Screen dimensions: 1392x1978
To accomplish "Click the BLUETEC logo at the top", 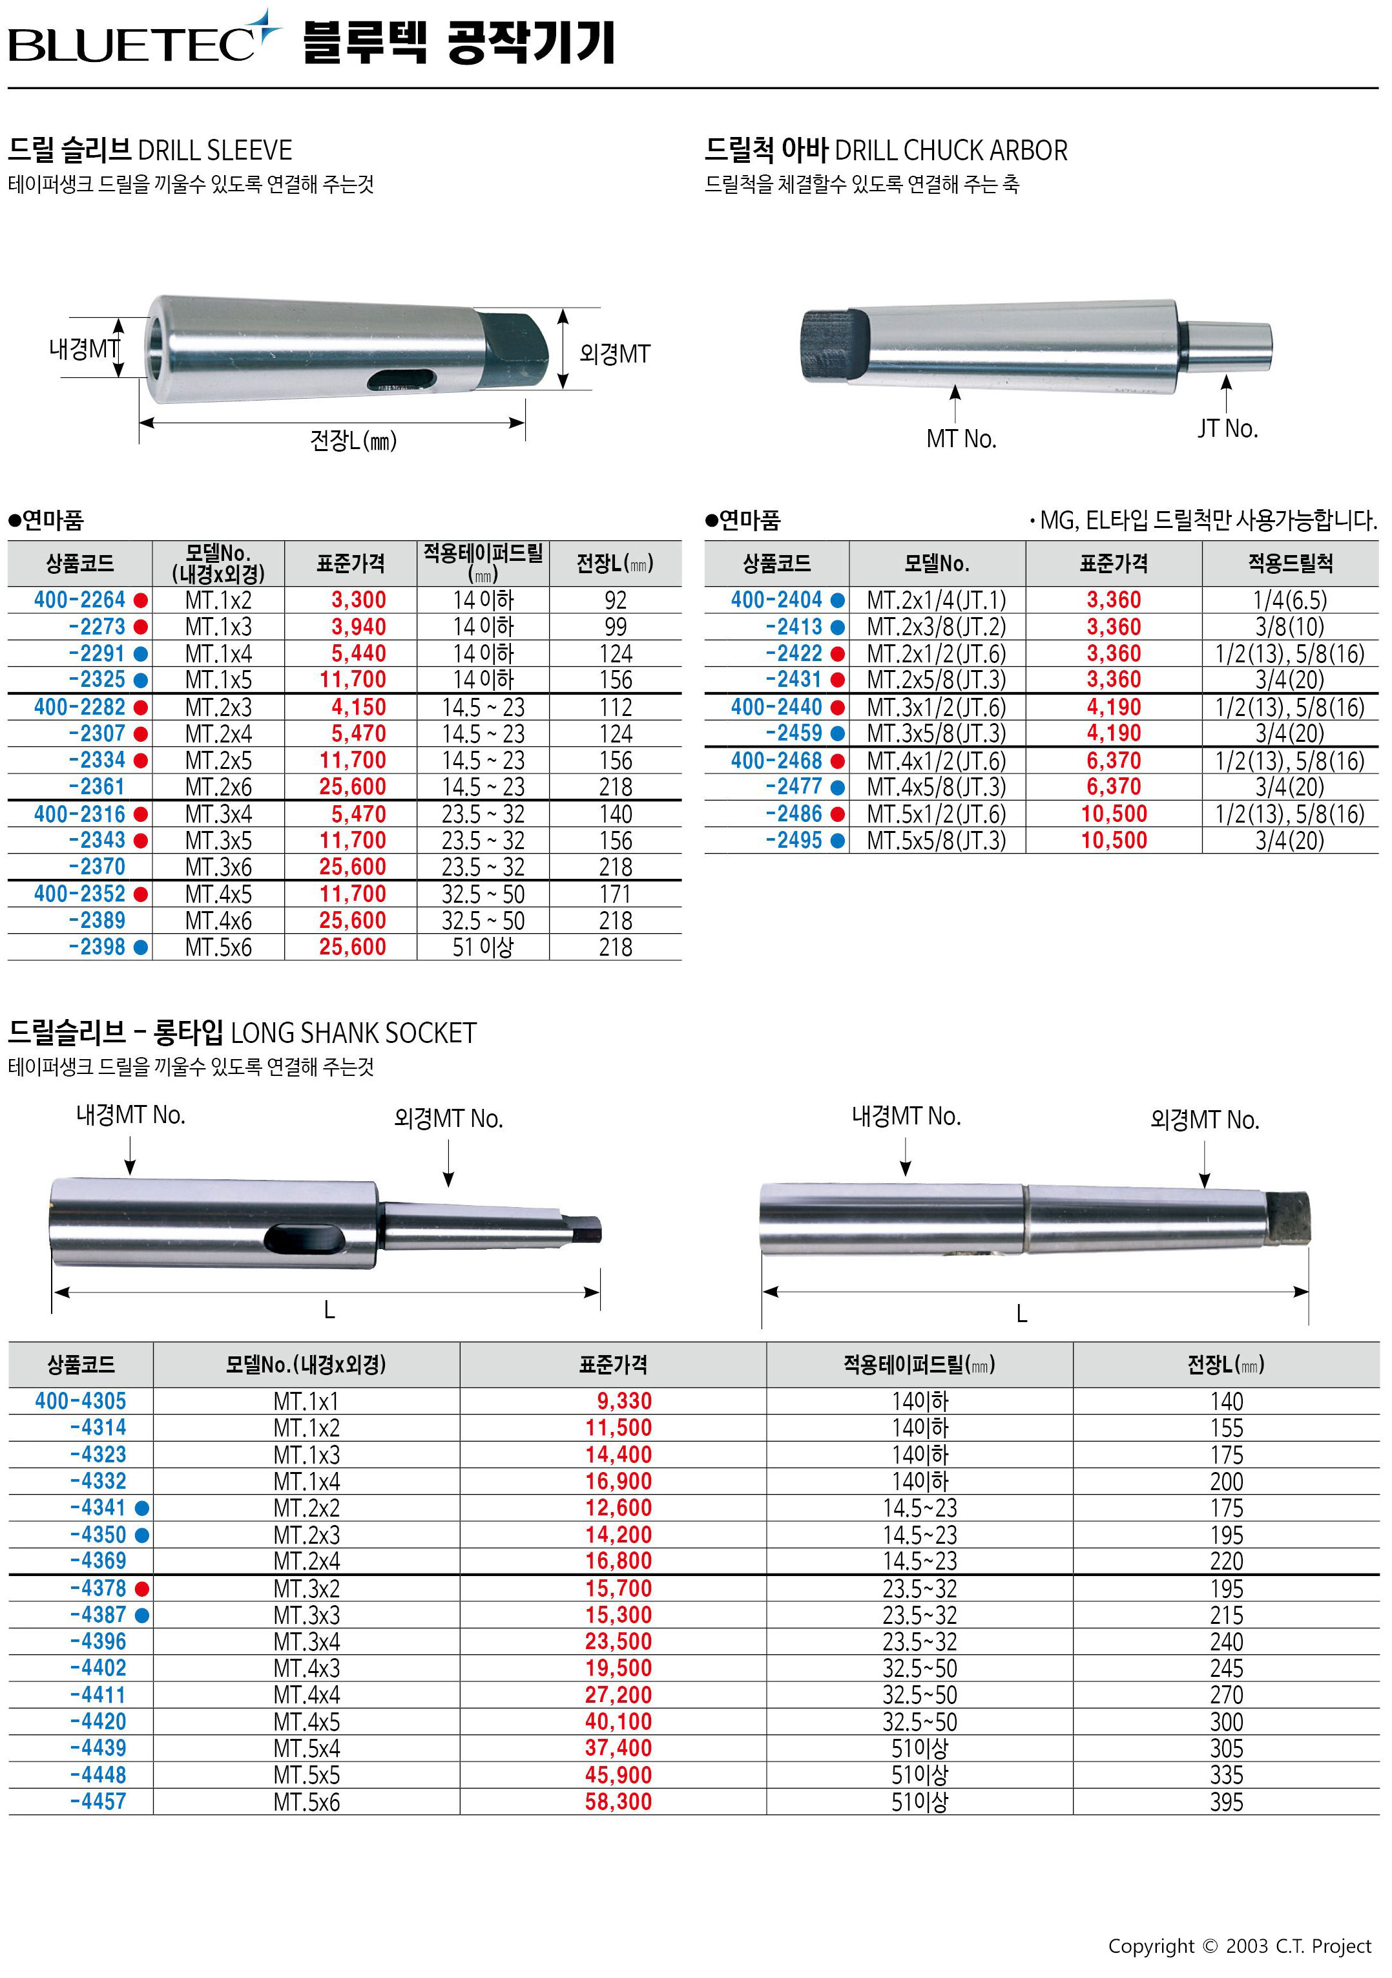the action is [x=145, y=39].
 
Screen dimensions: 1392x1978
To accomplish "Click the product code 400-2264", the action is [x=79, y=600].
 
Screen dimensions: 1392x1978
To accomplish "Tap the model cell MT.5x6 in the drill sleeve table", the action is [x=219, y=948].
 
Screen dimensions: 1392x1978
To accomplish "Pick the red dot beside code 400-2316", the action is [x=141, y=814].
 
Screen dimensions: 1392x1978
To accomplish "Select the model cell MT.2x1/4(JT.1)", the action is [x=937, y=600].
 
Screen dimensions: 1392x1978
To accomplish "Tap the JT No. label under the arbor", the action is [x=1227, y=428].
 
